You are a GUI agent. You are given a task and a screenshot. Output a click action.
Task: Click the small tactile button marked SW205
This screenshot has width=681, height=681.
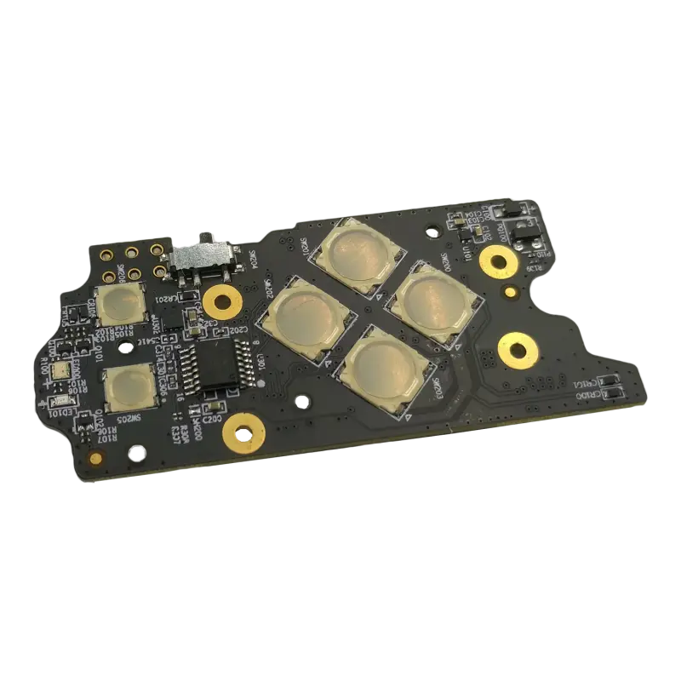129,387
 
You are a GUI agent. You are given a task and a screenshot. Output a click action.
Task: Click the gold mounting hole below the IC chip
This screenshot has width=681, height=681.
241,435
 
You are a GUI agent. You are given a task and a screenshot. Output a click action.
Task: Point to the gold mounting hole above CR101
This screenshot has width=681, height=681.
517,346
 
